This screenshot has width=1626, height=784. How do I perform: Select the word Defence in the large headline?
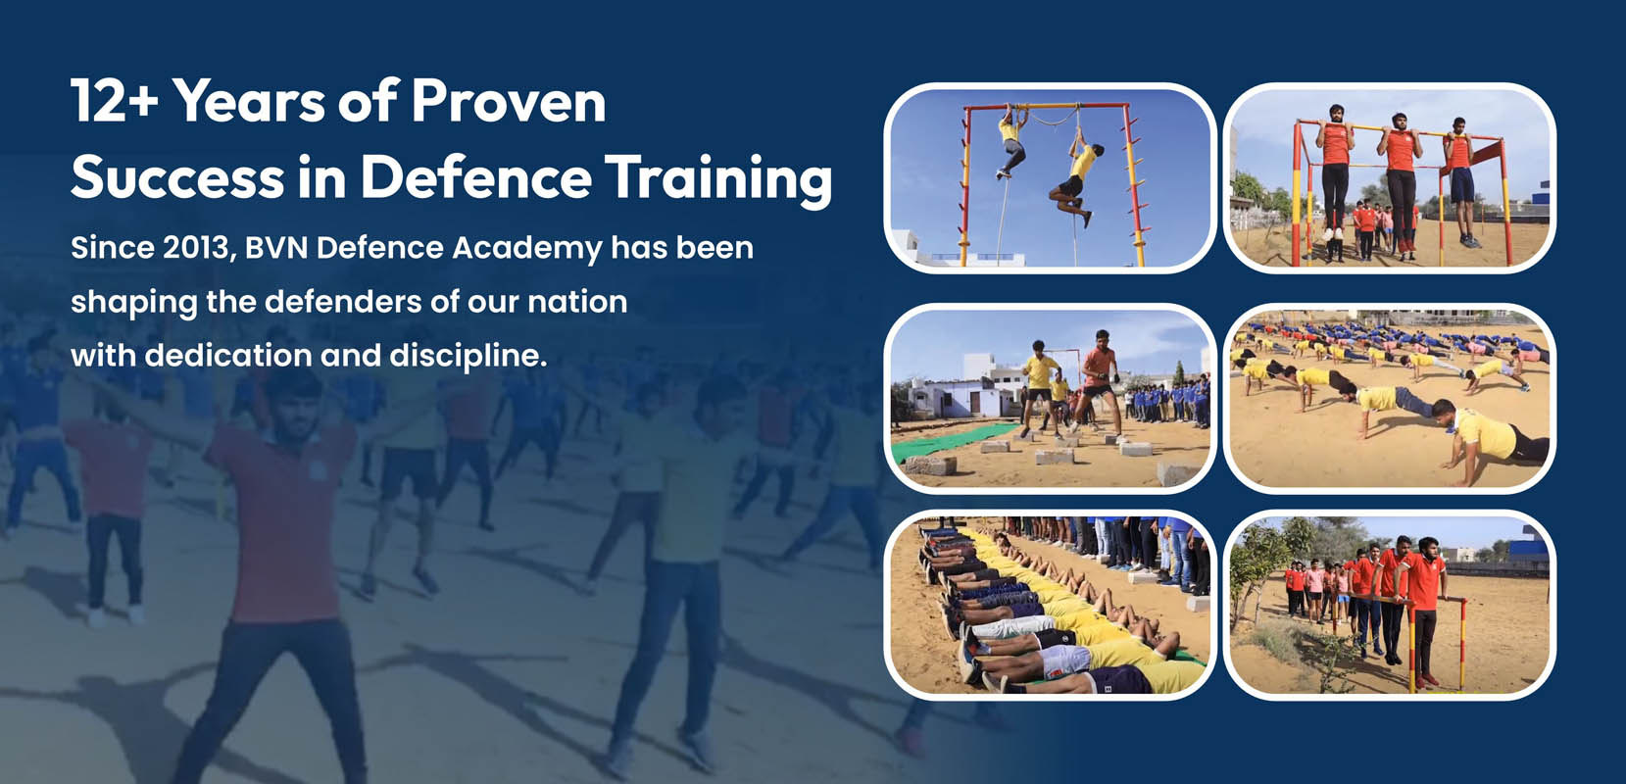[476, 177]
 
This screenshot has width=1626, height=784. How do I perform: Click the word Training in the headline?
[718, 180]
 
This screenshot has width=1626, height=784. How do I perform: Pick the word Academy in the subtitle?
[527, 249]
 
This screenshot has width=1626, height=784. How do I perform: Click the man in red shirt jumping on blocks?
[1097, 381]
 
